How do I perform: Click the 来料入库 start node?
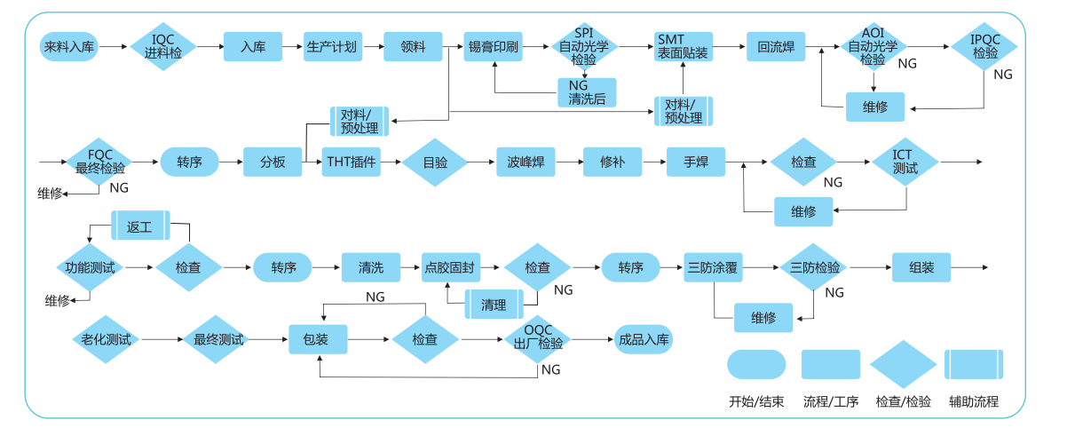point(69,46)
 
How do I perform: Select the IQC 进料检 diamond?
point(163,46)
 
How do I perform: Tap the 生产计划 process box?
point(332,46)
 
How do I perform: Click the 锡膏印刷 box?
point(493,46)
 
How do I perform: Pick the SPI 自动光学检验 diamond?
point(584,46)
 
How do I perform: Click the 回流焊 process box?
point(776,46)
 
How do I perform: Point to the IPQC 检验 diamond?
point(985,46)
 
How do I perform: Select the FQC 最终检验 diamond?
point(100,162)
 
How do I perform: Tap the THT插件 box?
point(352,162)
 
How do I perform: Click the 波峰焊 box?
point(526,162)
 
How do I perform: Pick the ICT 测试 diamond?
point(905,162)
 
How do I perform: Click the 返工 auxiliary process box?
point(140,226)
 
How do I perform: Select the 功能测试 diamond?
point(91,267)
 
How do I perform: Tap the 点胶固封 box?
point(450,267)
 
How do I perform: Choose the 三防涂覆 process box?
point(714,267)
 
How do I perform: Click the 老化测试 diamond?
point(106,339)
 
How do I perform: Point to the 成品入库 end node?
point(643,339)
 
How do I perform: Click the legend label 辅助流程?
point(974,401)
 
